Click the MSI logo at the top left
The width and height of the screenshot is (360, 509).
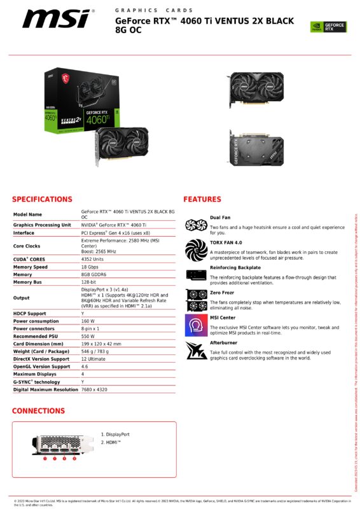[56, 18]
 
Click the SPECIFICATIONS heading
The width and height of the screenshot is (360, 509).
[42, 199]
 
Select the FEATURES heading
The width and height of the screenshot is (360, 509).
[202, 199]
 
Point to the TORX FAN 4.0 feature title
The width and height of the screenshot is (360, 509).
[226, 242]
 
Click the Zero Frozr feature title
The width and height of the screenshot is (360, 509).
[222, 292]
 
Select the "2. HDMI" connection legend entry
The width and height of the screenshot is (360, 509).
[111, 442]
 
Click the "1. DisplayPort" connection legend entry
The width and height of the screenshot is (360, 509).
[115, 434]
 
